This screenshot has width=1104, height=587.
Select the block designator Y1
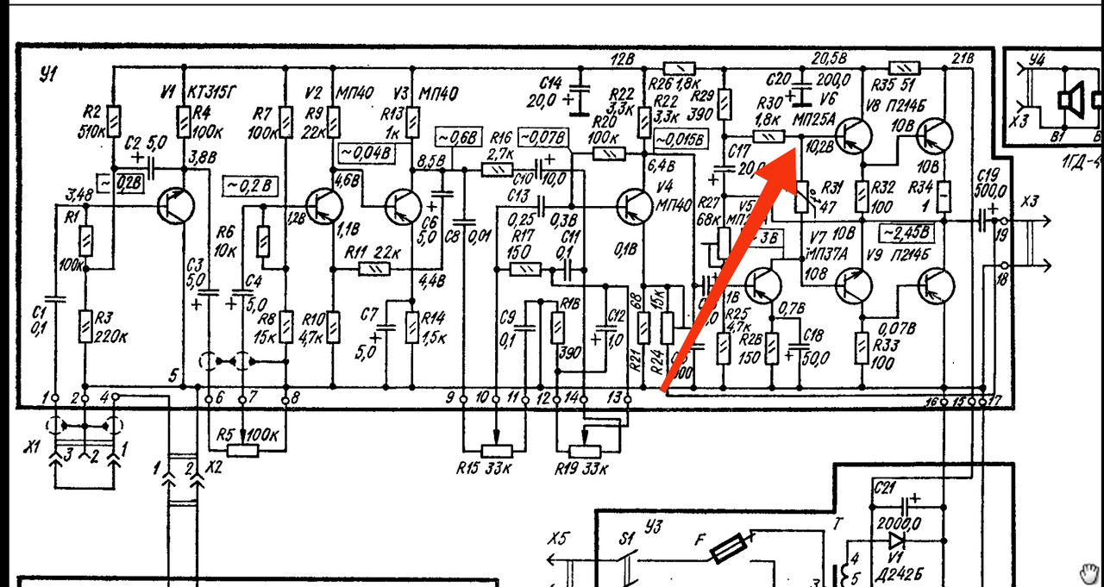[47, 75]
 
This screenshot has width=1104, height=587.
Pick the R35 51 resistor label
[894, 85]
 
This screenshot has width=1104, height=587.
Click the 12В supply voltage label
[623, 59]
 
